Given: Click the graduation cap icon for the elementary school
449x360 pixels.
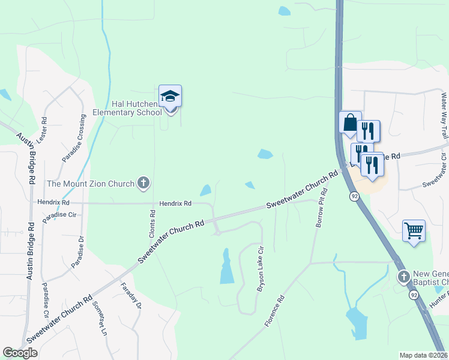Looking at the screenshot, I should tap(170, 97).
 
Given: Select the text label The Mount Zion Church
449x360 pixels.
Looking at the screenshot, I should tap(91, 183).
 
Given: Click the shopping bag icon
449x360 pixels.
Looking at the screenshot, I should tap(349, 124).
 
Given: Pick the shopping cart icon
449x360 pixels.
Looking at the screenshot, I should tap(414, 230).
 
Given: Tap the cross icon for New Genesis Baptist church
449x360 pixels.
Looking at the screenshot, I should tap(403, 277).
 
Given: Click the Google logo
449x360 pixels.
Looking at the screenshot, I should tap(20, 353).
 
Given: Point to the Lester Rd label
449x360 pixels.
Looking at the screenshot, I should tap(42, 129).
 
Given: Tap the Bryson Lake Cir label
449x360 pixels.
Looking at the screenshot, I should tap(261, 269).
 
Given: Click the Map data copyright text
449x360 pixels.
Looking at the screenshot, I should tap(423, 355).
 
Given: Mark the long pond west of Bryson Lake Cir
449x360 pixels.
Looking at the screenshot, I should tap(226, 267).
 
